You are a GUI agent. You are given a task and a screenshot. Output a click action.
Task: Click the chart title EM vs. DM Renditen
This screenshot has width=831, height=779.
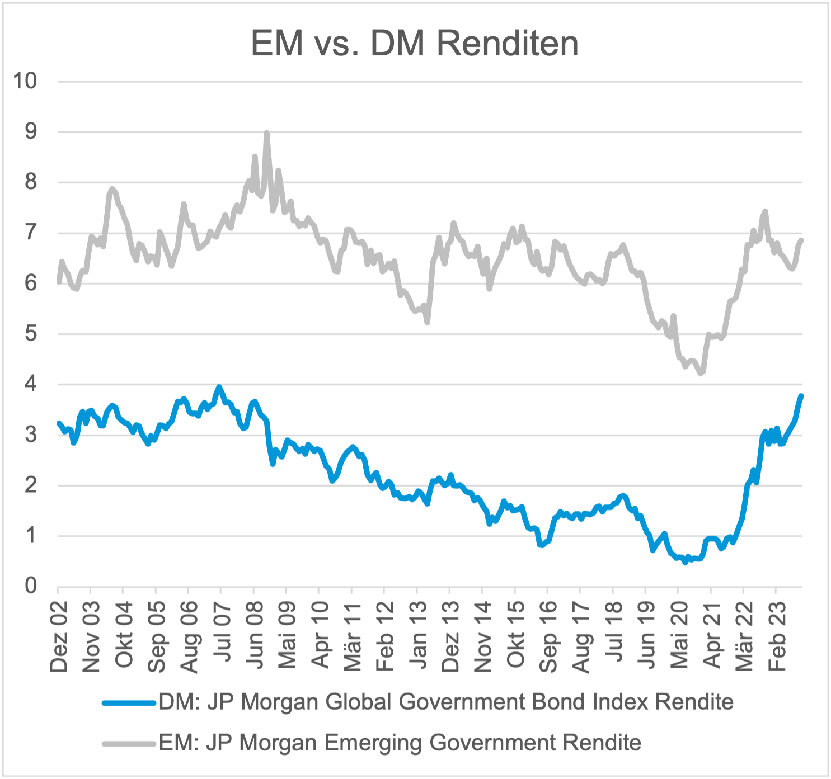(x=415, y=44)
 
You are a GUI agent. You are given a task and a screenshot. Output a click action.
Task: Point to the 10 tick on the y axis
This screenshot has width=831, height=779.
(x=25, y=81)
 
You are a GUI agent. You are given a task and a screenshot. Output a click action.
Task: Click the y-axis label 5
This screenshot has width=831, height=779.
(x=30, y=334)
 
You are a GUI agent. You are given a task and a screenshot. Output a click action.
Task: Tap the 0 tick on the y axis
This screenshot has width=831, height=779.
(x=30, y=586)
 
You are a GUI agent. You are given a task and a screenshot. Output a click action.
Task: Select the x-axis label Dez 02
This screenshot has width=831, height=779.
(x=59, y=636)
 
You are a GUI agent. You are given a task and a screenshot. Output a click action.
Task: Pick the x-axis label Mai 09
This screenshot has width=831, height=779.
(x=287, y=636)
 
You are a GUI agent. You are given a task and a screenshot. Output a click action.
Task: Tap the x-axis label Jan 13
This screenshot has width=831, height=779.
(x=417, y=636)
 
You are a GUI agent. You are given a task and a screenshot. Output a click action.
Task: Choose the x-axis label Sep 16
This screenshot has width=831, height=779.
(x=548, y=636)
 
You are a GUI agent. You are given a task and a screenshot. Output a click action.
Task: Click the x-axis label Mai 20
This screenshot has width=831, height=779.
(x=679, y=636)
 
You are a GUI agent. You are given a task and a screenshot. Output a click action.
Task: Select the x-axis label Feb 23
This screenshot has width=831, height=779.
(x=777, y=636)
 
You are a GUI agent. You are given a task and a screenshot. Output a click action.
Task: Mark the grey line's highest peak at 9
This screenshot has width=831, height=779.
(x=266, y=133)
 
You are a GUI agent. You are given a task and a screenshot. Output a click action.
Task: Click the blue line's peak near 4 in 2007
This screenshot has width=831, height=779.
(x=219, y=386)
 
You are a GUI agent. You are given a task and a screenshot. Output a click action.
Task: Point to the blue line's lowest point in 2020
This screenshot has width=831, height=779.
(x=685, y=562)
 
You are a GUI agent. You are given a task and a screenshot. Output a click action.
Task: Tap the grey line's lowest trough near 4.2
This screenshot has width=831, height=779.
(x=701, y=373)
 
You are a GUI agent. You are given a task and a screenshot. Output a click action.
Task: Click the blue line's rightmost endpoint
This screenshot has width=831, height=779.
(x=801, y=396)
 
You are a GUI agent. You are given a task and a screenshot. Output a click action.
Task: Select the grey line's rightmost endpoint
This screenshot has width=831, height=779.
(x=801, y=240)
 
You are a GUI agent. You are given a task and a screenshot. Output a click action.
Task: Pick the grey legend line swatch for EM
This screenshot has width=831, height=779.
(x=129, y=744)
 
